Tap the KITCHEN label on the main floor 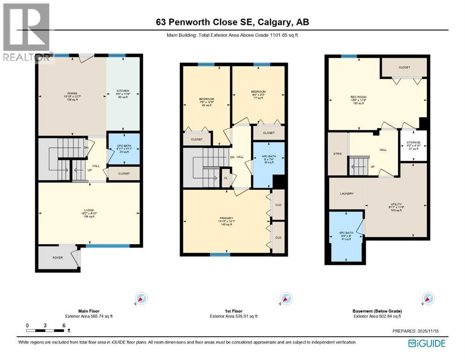(x=123, y=91)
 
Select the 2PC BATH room (x=124, y=149)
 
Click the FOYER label (x=58, y=257)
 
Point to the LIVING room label (x=89, y=210)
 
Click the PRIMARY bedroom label (x=226, y=218)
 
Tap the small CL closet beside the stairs (x=226, y=179)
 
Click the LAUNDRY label (x=347, y=193)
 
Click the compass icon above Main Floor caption (x=141, y=299)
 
